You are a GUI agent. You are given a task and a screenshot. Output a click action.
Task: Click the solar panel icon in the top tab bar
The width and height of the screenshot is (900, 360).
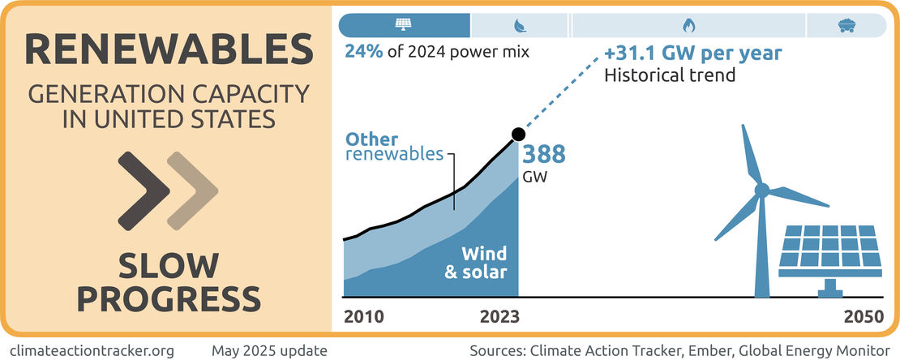point(403,25)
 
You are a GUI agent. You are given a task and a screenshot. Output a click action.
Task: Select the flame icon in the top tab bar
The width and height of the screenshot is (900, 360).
point(688,25)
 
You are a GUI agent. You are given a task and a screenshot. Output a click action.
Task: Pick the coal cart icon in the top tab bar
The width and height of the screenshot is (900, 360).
point(844,25)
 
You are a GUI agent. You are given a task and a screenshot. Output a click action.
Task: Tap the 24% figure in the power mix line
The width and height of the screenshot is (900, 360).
point(362,53)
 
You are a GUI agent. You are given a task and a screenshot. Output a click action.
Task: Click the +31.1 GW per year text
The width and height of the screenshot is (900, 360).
point(693,54)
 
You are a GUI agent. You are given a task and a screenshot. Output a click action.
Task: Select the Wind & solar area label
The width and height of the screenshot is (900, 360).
point(476,262)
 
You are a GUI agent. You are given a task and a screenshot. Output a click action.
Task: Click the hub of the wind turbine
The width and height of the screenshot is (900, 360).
point(761,191)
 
